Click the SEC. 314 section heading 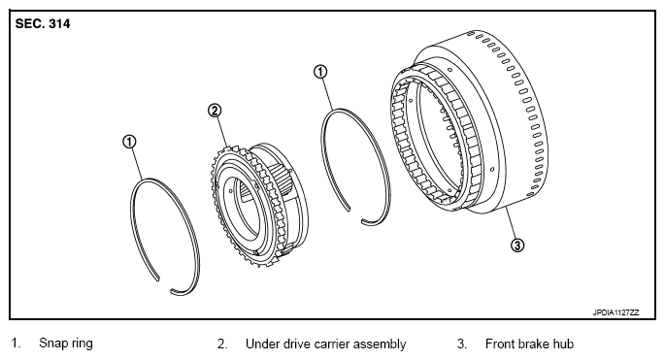pos(43,23)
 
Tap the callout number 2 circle pos(215,111)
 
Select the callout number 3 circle pos(517,245)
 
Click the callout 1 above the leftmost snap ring pos(129,142)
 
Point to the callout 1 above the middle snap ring pos(320,72)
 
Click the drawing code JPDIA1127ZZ pos(615,312)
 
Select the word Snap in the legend pos(53,344)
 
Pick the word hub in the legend pos(563,344)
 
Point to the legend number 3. pos(462,344)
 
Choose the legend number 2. pos(222,344)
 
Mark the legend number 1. pos(16,344)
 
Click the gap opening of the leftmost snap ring pos(165,285)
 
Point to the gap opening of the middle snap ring pos(355,215)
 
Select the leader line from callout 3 pos(511,222)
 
